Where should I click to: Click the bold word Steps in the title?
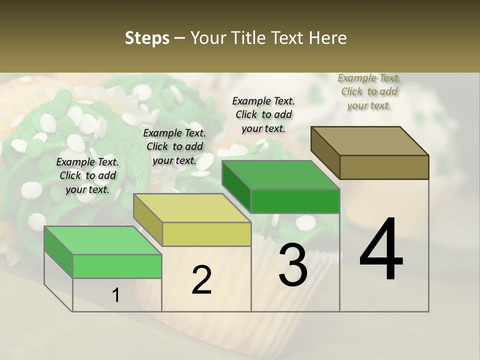click(x=146, y=38)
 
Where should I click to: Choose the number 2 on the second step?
click(x=201, y=280)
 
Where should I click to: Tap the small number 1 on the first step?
click(x=116, y=295)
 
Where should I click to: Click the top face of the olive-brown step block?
click(x=369, y=141)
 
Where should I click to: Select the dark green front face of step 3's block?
click(x=295, y=201)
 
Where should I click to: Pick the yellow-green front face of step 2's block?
click(x=206, y=234)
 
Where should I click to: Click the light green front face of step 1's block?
click(x=117, y=266)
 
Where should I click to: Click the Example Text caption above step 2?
click(x=174, y=147)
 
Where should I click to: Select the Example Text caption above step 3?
click(x=263, y=115)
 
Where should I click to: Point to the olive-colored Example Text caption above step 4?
click(x=369, y=92)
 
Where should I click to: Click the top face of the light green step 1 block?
click(x=103, y=240)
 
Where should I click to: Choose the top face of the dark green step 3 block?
click(x=280, y=175)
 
